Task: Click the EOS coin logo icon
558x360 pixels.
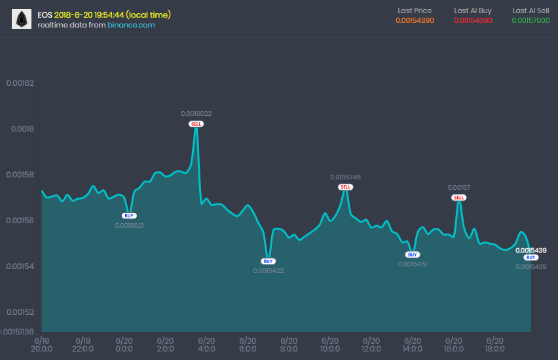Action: coord(22,20)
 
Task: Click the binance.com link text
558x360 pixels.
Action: coord(131,25)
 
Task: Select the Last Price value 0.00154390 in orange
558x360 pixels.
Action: coord(415,21)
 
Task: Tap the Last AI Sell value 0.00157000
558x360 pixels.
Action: coord(530,21)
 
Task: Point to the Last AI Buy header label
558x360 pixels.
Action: coord(473,10)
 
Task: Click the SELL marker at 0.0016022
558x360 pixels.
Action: coord(196,124)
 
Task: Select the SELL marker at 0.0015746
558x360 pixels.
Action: coord(346,187)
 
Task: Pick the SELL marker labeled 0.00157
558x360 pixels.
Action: coord(459,198)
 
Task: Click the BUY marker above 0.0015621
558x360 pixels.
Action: coord(129,215)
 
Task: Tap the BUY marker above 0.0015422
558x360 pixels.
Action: coord(268,261)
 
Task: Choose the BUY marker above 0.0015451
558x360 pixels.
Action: coord(412,255)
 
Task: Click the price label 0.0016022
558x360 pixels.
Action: coord(196,114)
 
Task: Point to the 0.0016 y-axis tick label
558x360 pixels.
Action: coord(22,129)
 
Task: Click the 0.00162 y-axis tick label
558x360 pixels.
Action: coord(20,83)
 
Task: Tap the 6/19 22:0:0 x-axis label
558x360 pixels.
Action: coord(83,345)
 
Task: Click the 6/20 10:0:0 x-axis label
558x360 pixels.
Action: coord(330,345)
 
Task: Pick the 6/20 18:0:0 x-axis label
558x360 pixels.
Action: coord(494,345)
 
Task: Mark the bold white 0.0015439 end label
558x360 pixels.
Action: coord(530,250)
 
